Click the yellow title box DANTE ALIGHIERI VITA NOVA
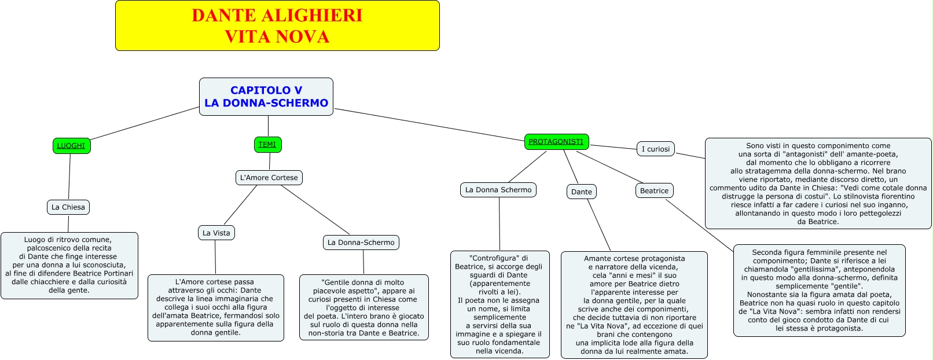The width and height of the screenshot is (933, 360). click(277, 25)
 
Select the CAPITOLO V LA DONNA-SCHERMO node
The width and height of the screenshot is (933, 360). click(266, 97)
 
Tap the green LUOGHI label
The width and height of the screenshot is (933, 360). click(71, 146)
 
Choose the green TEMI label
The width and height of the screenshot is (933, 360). click(267, 145)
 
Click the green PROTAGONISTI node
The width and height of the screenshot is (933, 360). click(556, 142)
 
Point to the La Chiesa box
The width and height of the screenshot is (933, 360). click(68, 207)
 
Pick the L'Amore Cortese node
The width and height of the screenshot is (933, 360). click(269, 178)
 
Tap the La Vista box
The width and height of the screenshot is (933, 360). click(216, 233)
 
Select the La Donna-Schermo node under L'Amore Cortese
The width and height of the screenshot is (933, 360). click(361, 243)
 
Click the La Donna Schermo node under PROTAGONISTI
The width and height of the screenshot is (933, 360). click(498, 190)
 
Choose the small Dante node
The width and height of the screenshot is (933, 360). click(582, 192)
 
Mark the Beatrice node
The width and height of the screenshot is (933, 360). click(654, 190)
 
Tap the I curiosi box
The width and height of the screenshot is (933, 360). click(656, 149)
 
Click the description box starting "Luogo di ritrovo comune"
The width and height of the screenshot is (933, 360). click(69, 265)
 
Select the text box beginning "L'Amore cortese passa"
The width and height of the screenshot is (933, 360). click(216, 307)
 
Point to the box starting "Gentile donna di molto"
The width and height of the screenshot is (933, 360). click(364, 307)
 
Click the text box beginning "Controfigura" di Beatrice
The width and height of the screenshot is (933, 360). click(500, 304)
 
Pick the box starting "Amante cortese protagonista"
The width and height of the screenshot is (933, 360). click(634, 304)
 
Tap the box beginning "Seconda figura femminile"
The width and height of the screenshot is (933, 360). click(819, 290)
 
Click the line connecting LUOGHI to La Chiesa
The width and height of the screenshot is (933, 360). click(69, 177)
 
